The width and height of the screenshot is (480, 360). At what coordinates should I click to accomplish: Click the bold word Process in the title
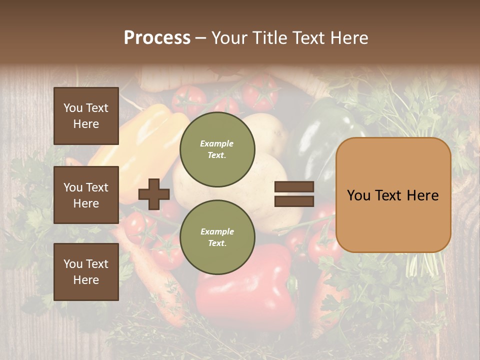tap(157, 37)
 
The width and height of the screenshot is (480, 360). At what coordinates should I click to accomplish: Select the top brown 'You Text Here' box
tap(86, 116)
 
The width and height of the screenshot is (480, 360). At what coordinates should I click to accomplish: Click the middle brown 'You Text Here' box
tap(86, 195)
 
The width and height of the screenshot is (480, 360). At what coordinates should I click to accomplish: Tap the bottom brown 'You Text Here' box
tap(86, 272)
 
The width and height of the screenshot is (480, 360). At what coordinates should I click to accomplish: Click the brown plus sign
tap(154, 194)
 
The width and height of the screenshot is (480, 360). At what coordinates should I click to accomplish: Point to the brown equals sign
tap(294, 194)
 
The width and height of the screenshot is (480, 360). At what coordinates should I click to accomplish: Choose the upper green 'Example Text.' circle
tap(217, 149)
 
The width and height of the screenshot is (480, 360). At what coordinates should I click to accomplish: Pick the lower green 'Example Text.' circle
tap(217, 237)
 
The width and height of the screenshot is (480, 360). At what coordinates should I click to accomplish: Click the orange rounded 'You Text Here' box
tap(393, 195)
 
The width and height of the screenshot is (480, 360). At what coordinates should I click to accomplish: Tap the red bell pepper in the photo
tap(245, 290)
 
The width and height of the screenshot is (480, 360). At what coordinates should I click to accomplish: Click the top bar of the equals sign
tap(294, 187)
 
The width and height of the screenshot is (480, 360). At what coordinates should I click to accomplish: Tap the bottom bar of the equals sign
tap(294, 201)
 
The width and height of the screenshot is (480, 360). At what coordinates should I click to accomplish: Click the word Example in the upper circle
tap(217, 143)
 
